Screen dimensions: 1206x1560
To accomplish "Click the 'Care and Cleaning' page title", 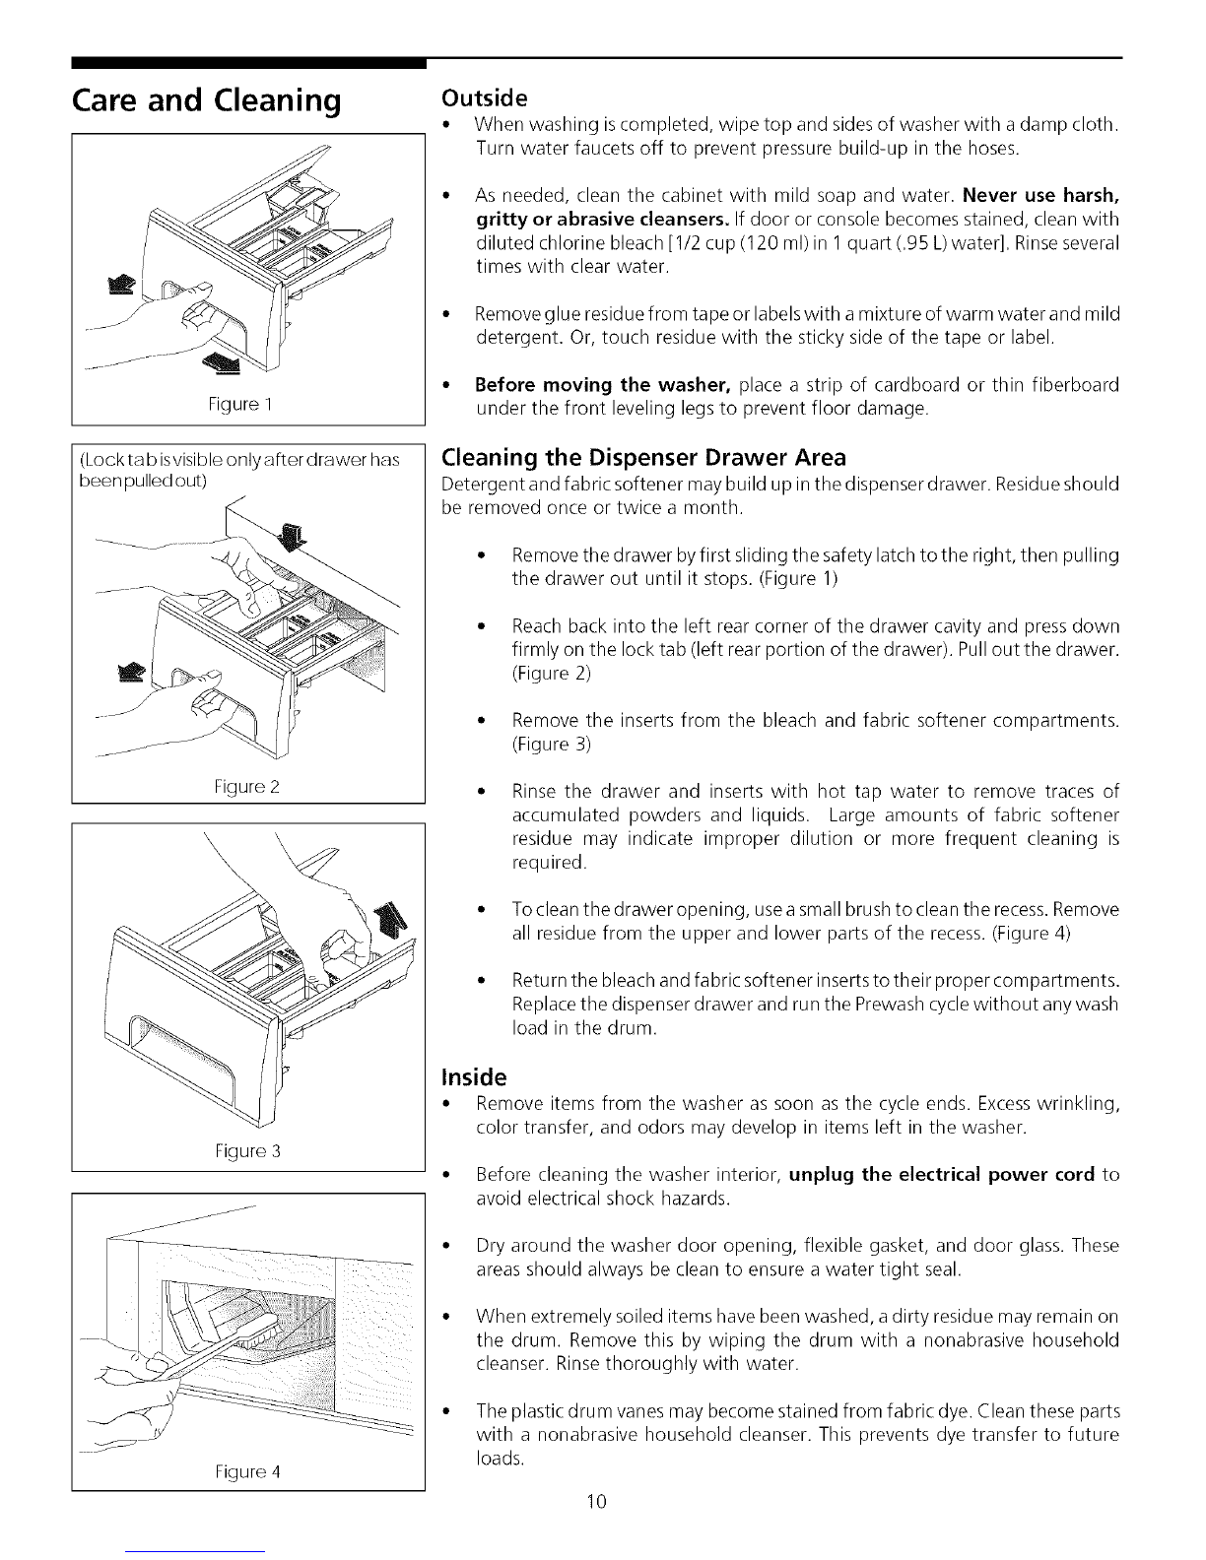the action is pyautogui.click(x=206, y=101).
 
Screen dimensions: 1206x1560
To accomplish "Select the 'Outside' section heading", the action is pyautogui.click(x=484, y=97).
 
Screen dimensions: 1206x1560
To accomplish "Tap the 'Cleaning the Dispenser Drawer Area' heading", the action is pyautogui.click(x=643, y=457).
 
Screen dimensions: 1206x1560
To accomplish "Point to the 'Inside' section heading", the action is pyautogui.click(x=474, y=1076).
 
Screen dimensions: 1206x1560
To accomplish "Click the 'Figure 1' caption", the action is pyautogui.click(x=239, y=404).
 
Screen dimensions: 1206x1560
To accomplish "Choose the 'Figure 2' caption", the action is pyautogui.click(x=246, y=787).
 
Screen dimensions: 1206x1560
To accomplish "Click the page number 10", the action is pyautogui.click(x=597, y=1501).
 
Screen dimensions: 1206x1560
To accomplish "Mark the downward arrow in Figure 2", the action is pyautogui.click(x=292, y=536).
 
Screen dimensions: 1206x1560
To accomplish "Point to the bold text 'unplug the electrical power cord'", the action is pyautogui.click(x=942, y=1175).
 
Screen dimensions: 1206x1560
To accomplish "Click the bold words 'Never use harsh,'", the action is pyautogui.click(x=1040, y=196).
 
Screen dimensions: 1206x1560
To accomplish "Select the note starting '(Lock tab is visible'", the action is pyautogui.click(x=239, y=470).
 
